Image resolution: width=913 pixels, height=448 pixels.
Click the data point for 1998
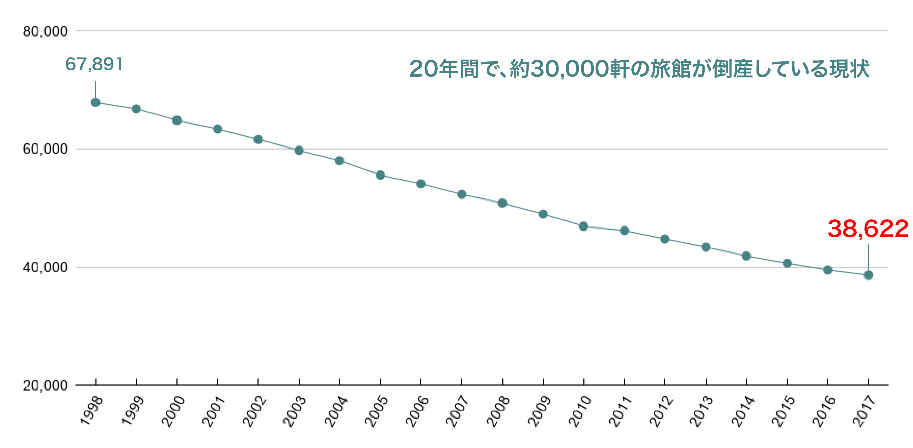tap(95, 103)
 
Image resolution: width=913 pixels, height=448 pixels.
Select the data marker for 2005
tap(380, 175)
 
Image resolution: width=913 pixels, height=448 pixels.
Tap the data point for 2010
tap(584, 226)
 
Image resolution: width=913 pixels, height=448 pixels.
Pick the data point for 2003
tap(299, 150)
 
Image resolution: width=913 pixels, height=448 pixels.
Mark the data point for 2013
tap(706, 247)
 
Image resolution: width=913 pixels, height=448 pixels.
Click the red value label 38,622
tap(868, 229)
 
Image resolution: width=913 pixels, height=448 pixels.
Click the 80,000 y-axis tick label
tap(45, 31)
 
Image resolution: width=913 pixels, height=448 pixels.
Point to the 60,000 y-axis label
tap(45, 149)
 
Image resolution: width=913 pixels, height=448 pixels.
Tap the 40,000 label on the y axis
tap(45, 267)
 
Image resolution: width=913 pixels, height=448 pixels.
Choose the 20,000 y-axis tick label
tap(45, 386)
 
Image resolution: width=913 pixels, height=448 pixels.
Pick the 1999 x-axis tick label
tap(133, 411)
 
